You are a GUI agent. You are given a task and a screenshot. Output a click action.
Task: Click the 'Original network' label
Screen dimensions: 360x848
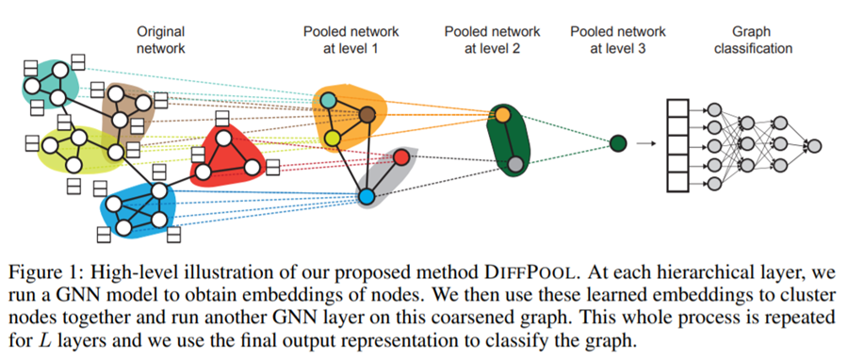(161, 40)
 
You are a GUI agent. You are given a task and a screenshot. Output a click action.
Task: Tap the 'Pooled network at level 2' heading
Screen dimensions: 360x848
(497, 40)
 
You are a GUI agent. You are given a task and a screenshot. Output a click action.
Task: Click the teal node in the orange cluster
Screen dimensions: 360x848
(328, 99)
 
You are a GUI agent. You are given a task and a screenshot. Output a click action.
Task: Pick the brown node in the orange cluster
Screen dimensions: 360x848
(367, 115)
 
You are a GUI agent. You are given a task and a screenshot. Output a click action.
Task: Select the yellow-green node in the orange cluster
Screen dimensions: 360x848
(333, 139)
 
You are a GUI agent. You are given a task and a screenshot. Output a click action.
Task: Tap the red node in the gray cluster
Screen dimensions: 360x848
(400, 156)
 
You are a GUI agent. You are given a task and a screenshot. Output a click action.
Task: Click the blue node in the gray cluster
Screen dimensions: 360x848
(367, 196)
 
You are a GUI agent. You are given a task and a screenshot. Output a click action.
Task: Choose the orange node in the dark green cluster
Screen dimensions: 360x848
(504, 115)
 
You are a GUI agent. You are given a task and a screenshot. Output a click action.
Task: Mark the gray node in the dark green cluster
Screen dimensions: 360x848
(515, 166)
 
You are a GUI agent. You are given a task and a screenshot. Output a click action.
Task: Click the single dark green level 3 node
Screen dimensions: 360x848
(618, 143)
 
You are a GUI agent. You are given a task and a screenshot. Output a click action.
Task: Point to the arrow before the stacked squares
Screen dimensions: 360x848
(645, 143)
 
